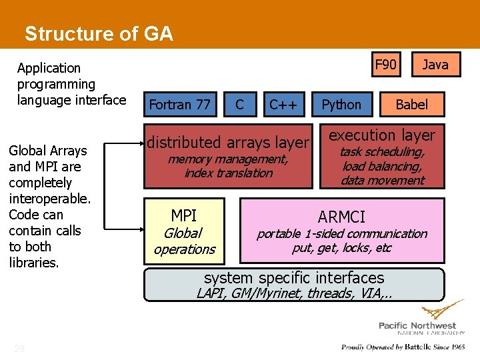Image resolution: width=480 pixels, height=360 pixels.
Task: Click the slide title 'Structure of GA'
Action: [99, 34]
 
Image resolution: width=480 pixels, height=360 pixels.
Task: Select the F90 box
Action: [385, 65]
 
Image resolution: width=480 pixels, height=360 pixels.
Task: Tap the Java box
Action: [435, 65]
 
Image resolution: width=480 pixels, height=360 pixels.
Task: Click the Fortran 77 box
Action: [179, 105]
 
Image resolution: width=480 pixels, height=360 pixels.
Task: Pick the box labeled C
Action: [239, 105]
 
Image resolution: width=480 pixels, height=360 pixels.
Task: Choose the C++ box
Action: [283, 105]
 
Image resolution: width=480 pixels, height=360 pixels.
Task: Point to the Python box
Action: [341, 105]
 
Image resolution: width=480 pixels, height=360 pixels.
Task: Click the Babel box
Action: [411, 105]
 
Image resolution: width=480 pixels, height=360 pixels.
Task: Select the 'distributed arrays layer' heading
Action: [228, 142]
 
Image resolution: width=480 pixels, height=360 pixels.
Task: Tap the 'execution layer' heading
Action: [382, 135]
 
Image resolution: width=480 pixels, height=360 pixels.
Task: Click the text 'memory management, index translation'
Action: [228, 166]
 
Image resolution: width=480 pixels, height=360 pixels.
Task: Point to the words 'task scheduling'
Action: [382, 152]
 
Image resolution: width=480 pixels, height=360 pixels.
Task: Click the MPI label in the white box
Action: [184, 216]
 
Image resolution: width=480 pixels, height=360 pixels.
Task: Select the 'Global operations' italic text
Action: [184, 241]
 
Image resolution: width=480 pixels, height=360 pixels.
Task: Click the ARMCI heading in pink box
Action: [341, 217]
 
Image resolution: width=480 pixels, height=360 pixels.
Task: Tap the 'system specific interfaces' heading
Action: [294, 278]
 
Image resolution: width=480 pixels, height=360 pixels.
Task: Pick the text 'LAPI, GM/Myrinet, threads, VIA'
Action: [294, 293]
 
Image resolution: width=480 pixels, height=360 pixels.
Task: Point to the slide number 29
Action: [19, 349]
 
